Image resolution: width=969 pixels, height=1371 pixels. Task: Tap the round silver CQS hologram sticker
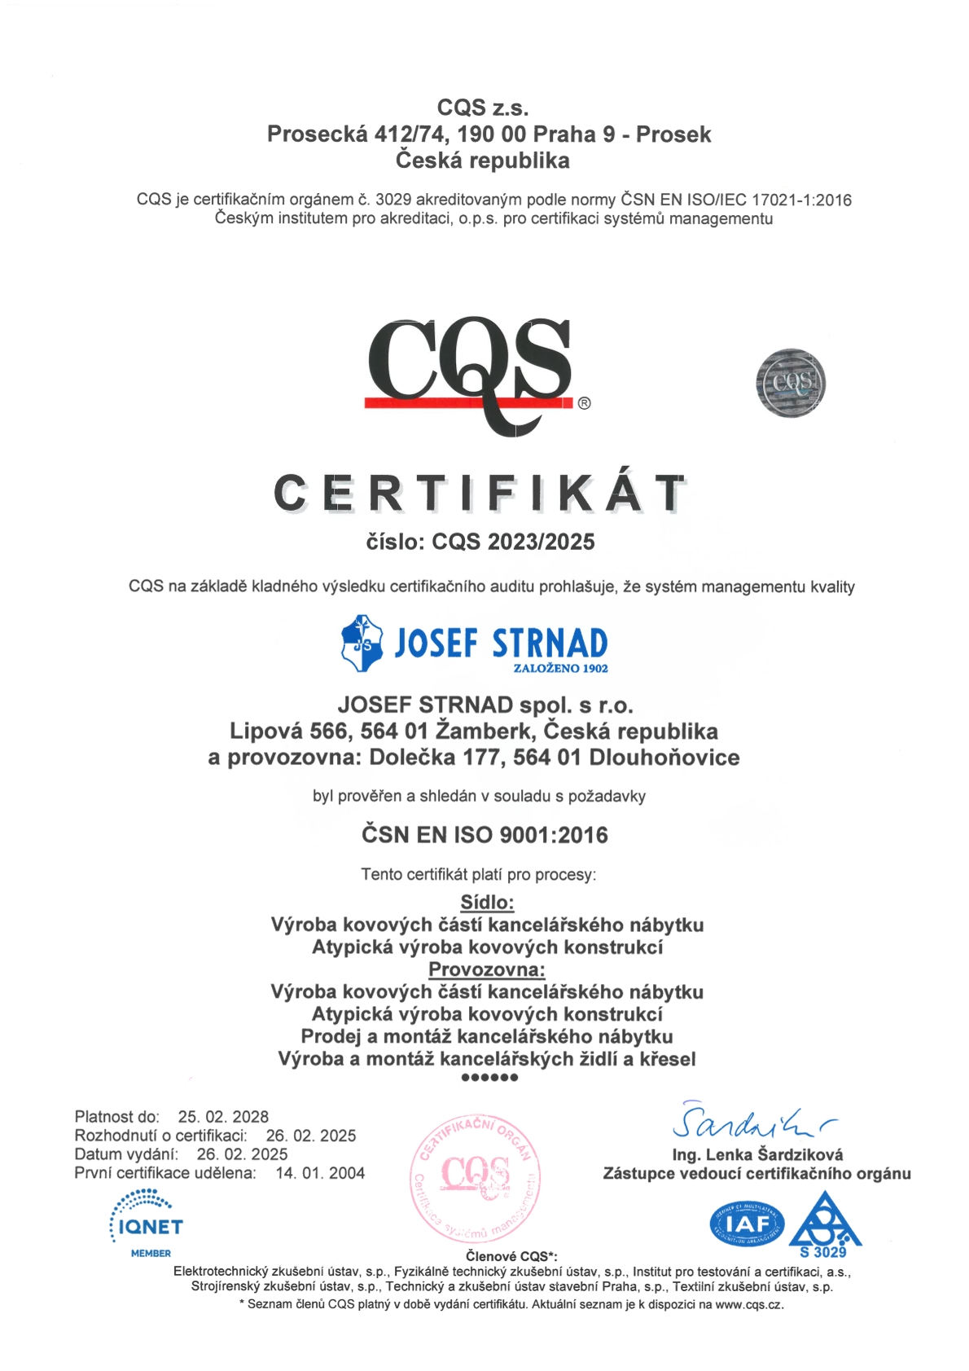[x=790, y=383]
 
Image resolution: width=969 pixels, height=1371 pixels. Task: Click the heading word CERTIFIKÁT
[x=480, y=493]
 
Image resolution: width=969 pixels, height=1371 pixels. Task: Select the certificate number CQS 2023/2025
[x=513, y=542]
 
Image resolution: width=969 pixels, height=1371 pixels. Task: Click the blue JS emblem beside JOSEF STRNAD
[x=362, y=644]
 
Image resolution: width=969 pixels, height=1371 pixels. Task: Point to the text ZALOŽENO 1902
[x=560, y=669]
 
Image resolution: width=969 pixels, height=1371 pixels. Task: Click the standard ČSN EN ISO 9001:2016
[x=484, y=835]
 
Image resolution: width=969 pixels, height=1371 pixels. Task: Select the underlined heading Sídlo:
[x=487, y=902]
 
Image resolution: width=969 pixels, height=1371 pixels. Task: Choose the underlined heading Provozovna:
[x=487, y=969]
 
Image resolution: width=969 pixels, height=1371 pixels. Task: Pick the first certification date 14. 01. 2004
[x=320, y=1173]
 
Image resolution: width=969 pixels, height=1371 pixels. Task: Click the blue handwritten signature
[x=753, y=1123]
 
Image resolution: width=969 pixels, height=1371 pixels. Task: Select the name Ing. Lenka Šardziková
[x=757, y=1154]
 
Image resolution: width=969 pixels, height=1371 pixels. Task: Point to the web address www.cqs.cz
[x=748, y=1304]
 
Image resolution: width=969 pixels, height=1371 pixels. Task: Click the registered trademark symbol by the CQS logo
[x=584, y=403]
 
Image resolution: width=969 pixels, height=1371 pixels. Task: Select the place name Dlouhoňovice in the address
[x=664, y=758]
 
